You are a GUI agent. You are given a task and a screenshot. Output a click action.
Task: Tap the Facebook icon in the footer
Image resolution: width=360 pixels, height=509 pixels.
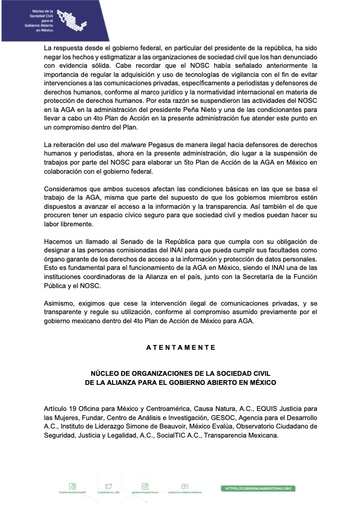[x=73, y=486]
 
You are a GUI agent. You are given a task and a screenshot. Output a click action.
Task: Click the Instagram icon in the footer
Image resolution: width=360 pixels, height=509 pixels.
[x=145, y=486]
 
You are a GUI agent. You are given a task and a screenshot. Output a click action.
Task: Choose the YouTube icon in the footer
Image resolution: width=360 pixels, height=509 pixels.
[x=185, y=486]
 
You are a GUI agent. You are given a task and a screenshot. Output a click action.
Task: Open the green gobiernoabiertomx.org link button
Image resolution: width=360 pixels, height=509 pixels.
[x=259, y=488]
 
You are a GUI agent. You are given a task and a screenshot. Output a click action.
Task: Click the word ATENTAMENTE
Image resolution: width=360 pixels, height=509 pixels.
[x=181, y=348]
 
